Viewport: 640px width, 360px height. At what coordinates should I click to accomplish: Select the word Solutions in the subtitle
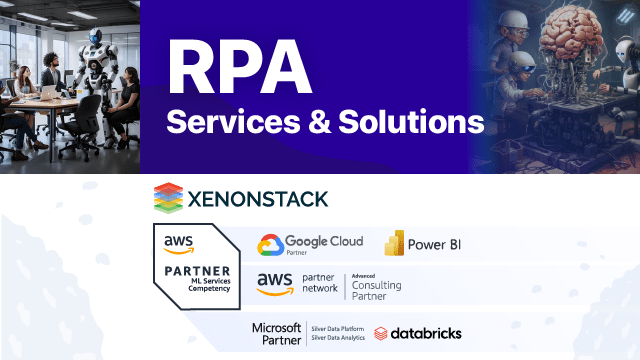[410, 123]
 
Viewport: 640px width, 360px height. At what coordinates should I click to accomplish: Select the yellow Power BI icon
[394, 243]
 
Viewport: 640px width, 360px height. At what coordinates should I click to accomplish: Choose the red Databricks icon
[381, 333]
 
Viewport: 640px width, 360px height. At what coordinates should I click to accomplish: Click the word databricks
[427, 333]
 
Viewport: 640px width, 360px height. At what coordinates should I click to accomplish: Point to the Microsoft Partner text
[276, 333]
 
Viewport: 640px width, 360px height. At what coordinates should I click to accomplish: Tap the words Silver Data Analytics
[337, 339]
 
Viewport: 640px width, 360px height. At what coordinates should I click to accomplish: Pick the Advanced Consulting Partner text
[376, 285]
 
